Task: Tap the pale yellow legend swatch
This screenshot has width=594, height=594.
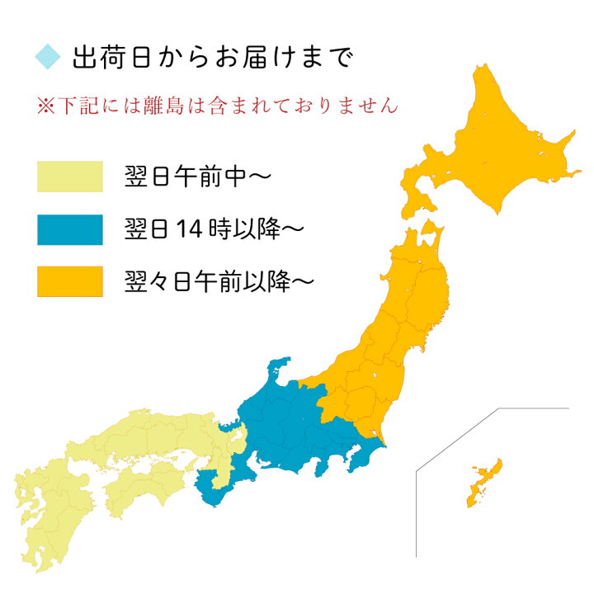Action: (x=69, y=177)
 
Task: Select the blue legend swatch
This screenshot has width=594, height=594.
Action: (x=69, y=229)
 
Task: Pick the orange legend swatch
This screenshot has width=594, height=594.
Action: (x=69, y=281)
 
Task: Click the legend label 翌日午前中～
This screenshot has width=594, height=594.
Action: (x=196, y=177)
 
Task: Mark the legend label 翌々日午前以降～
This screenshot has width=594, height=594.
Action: (x=219, y=281)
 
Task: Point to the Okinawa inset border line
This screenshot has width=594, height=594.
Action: (x=417, y=511)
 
